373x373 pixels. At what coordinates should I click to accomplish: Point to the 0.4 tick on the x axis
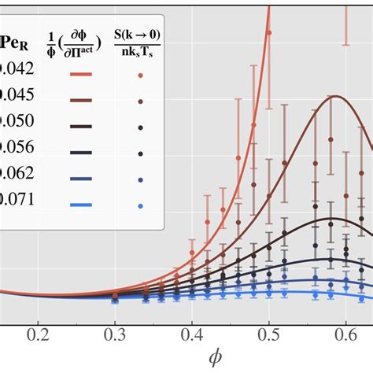(x=192, y=334)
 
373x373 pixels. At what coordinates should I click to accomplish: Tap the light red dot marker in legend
(x=140, y=76)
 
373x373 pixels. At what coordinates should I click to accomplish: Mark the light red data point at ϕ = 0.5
(x=269, y=32)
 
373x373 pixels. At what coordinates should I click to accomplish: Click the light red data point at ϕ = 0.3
(x=115, y=295)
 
